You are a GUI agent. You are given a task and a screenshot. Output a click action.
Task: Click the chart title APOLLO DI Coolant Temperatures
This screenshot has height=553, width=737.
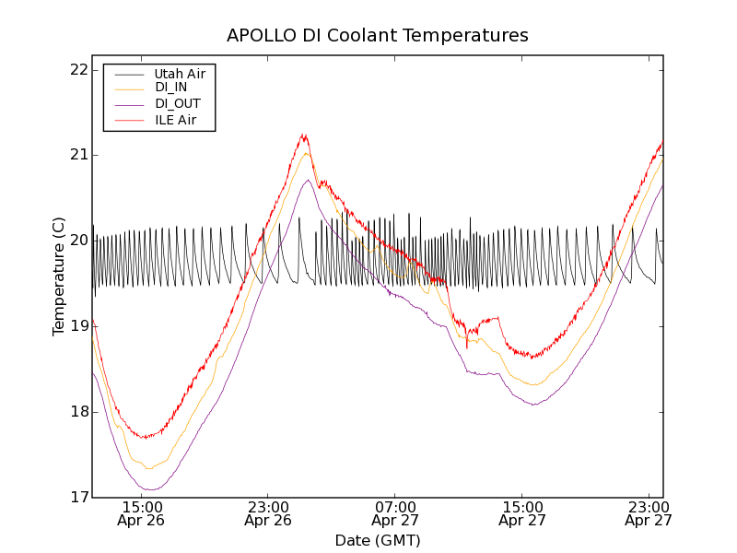point(378,35)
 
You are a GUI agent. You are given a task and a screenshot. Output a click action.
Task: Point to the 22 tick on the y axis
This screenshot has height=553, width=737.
point(80,70)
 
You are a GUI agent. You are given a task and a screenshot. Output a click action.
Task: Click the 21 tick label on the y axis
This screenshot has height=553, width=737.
point(80,155)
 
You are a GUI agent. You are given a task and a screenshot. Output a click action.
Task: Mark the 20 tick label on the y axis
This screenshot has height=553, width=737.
point(80,241)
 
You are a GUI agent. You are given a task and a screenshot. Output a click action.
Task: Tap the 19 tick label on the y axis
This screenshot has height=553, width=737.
point(80,326)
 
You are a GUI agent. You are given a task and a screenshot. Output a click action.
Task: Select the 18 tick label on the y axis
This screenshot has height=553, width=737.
point(80,412)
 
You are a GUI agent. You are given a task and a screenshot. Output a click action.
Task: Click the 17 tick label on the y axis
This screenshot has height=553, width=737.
point(80,498)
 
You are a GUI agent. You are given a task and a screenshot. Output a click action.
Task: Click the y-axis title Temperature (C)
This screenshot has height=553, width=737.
point(59,276)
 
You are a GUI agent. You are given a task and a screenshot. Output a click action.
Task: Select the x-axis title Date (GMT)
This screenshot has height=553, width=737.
point(378,540)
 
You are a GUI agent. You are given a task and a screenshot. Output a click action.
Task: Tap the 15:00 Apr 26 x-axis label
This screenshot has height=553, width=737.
point(142,513)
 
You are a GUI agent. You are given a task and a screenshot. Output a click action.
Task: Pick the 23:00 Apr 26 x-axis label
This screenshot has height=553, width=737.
point(268,513)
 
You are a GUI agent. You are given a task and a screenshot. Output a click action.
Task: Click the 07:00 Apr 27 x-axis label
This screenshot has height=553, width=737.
point(395,513)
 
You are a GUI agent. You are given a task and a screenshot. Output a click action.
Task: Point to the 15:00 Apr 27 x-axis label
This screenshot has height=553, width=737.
point(522,513)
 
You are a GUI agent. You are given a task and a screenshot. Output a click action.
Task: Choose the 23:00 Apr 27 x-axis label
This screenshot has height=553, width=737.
point(649,513)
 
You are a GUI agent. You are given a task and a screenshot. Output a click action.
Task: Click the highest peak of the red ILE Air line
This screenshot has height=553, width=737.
point(303,135)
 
